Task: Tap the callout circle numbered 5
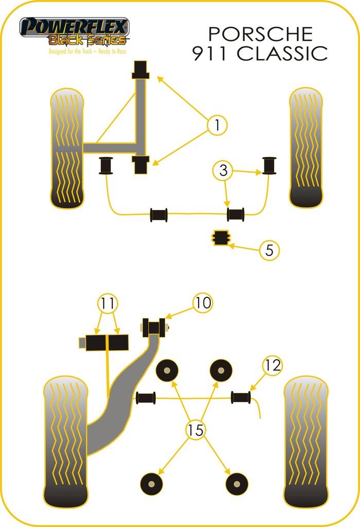[x=269, y=251]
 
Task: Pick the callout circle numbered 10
[x=203, y=303]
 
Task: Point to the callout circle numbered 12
[x=273, y=365]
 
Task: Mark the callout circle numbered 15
[x=196, y=430]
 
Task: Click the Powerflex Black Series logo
[x=74, y=32]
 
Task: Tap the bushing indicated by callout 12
[x=241, y=397]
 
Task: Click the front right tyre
[x=307, y=148]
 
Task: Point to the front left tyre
[x=67, y=149]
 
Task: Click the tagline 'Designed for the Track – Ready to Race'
[x=87, y=51]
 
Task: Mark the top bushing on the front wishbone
[x=140, y=70]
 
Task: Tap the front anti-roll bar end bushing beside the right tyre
[x=269, y=164]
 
